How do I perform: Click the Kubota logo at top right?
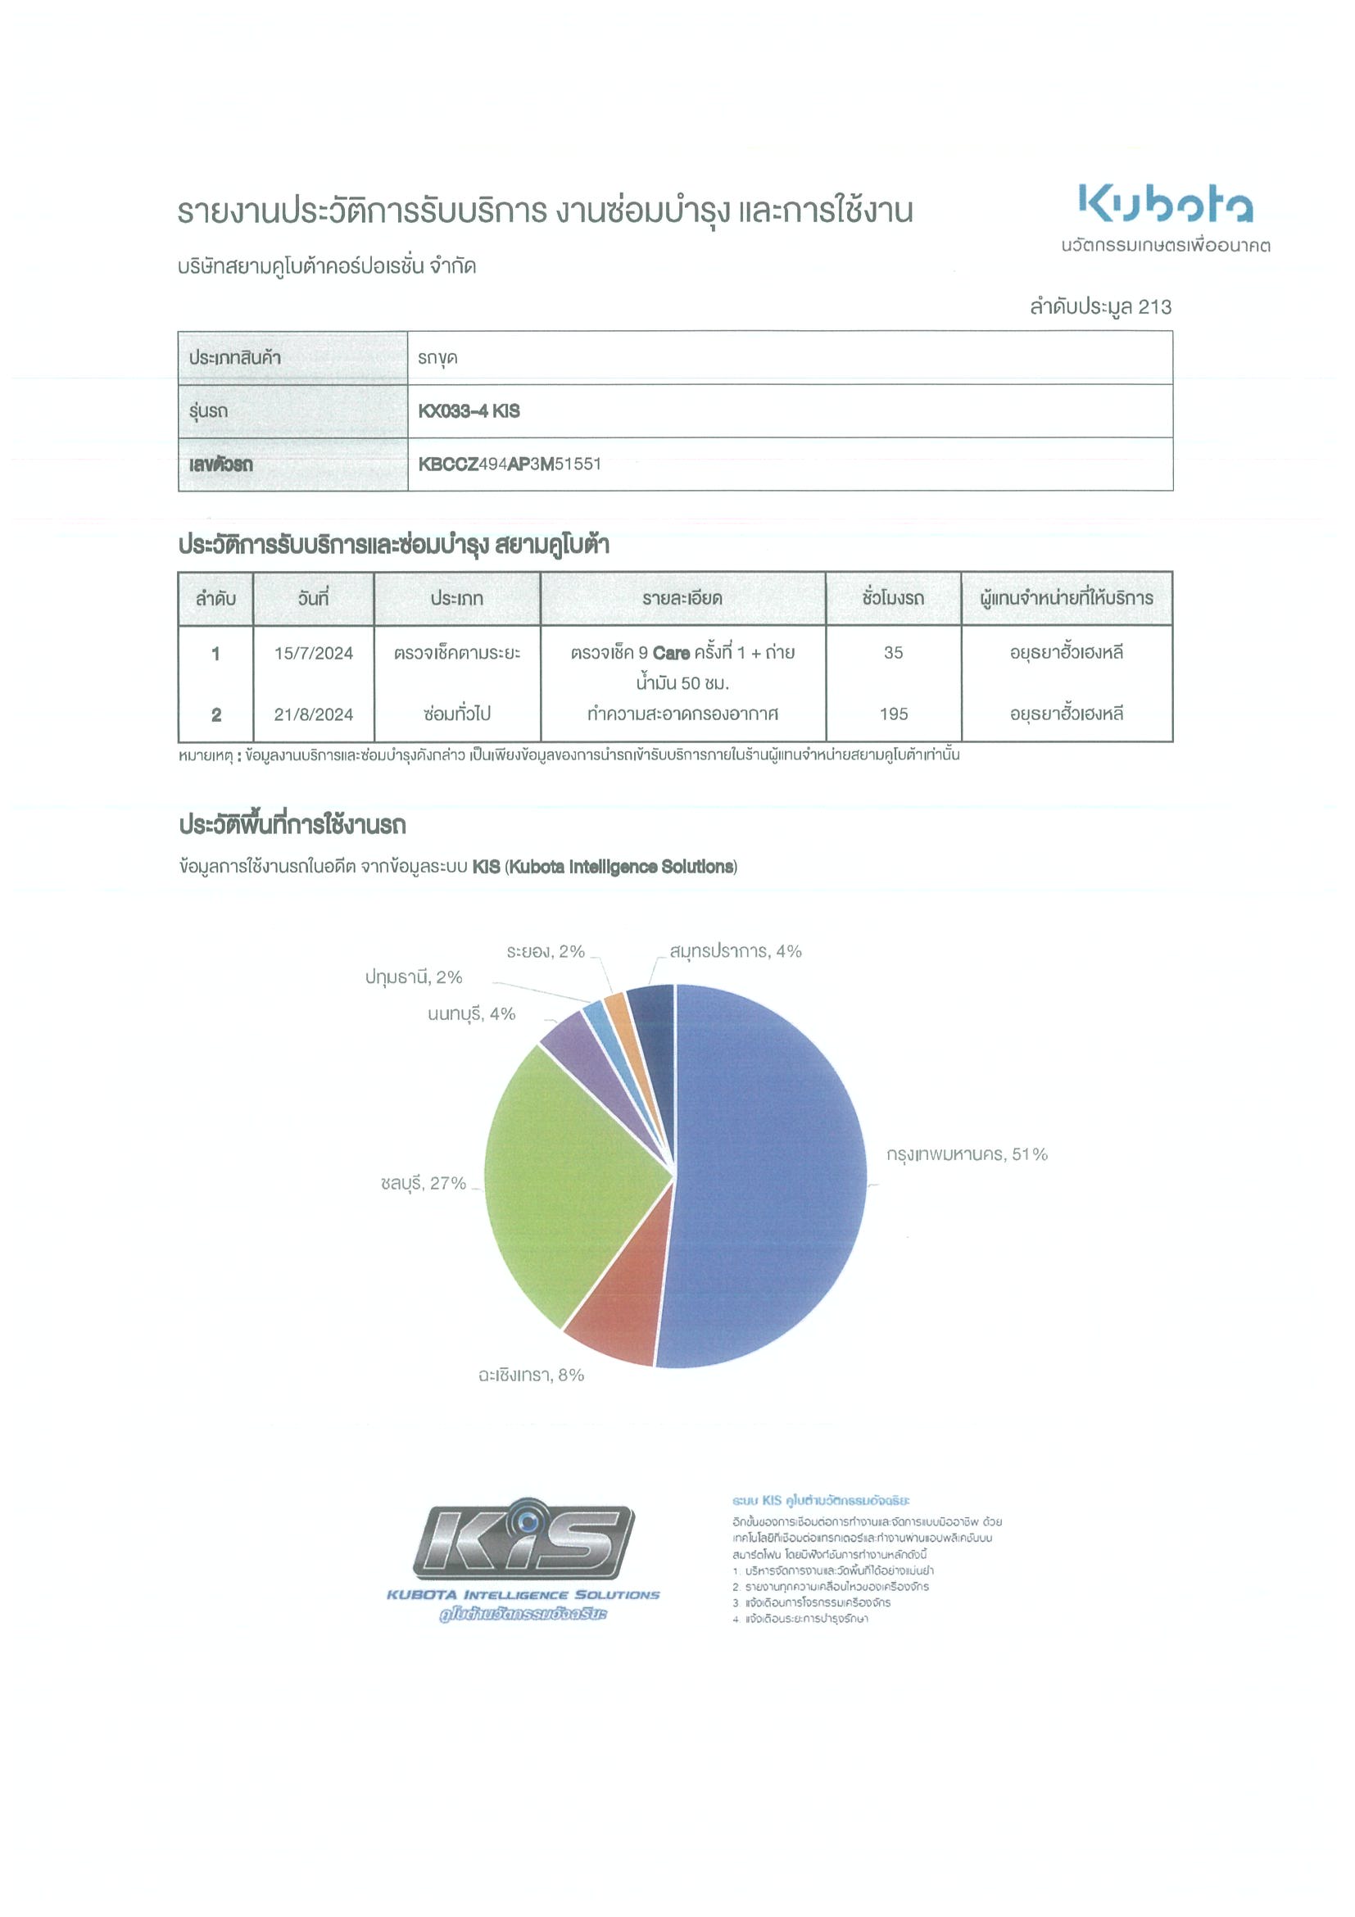pos(1165,204)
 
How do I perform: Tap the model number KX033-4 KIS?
pos(469,410)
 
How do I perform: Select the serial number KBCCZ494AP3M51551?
pos(510,465)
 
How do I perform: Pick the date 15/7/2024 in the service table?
pos(313,653)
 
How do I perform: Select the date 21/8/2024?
pos(313,714)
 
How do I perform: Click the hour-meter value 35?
pos(892,653)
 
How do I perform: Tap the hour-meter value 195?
pos(892,714)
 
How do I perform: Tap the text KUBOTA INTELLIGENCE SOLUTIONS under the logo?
pos(523,1595)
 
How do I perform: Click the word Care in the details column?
pos(670,653)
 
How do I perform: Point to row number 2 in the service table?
pos(215,714)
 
